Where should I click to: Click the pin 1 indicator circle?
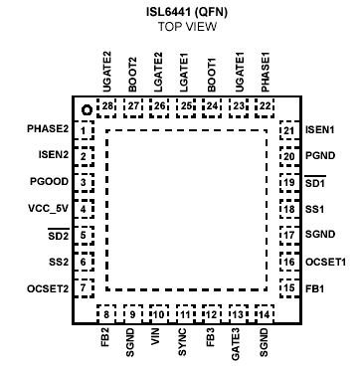coord(87,109)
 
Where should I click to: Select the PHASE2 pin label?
coord(48,130)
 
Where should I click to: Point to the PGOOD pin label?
coord(50,182)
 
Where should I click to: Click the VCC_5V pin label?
coord(46,209)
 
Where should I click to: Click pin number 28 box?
coord(106,104)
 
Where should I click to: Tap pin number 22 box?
coord(264,104)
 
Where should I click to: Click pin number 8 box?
coord(106,314)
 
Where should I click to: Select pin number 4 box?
coord(86,209)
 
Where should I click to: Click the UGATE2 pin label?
coord(106,71)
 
